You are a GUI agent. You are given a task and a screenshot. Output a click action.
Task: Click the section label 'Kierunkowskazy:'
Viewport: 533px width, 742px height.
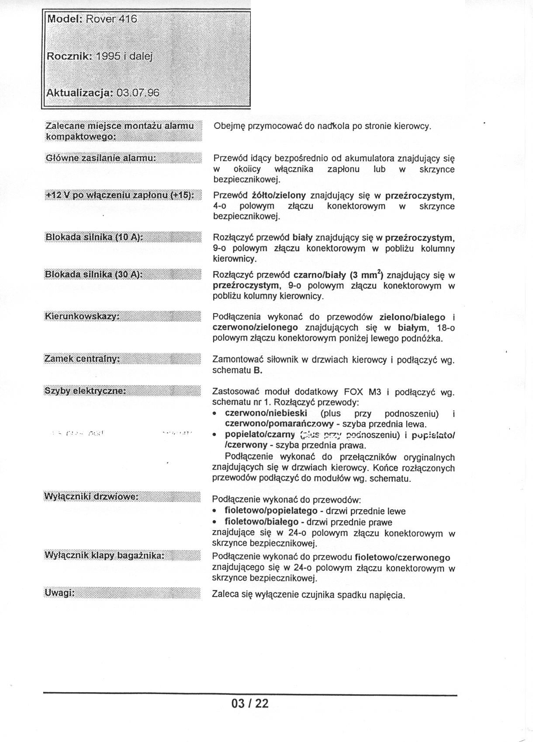click(82, 316)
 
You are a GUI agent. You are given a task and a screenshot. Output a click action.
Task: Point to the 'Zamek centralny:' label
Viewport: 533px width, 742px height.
click(82, 359)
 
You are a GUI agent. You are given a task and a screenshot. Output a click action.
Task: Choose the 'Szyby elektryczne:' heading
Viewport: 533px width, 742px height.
click(85, 390)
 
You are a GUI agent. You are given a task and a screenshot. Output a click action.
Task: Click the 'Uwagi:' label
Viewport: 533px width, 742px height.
click(59, 593)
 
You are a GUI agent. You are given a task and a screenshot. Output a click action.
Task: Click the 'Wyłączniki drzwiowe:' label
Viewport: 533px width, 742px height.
click(91, 497)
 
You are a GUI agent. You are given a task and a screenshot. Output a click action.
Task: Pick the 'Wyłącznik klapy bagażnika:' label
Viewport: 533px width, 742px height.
click(104, 556)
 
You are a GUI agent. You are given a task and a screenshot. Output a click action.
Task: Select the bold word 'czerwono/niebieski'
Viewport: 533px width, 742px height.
click(266, 413)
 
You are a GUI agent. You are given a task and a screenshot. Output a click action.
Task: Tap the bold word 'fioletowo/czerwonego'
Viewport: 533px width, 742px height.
click(402, 558)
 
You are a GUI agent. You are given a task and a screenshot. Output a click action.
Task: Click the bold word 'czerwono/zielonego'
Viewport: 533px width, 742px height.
click(255, 328)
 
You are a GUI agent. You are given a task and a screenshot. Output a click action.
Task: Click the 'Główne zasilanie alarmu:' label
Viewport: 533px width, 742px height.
click(100, 158)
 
